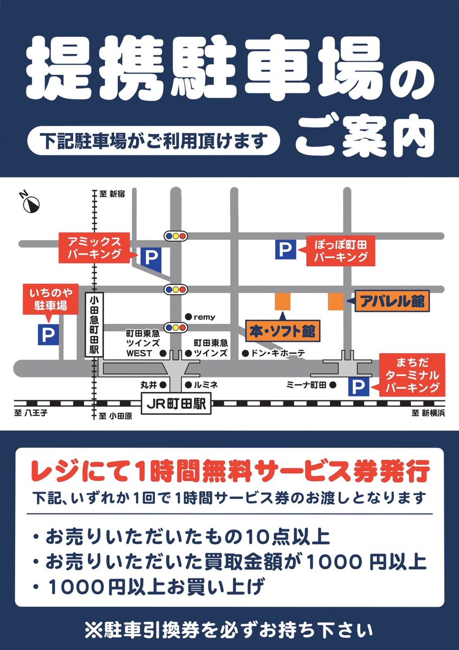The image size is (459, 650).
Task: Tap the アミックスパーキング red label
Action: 95,247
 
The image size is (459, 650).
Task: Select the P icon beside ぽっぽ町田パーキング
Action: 286,249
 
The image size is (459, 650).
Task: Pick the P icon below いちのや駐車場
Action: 48,334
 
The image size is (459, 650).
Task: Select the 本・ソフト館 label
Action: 282,330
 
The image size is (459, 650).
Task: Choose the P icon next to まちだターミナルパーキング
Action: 358,386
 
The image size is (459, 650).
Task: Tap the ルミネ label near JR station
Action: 205,385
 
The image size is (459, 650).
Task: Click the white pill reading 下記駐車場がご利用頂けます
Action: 154,141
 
